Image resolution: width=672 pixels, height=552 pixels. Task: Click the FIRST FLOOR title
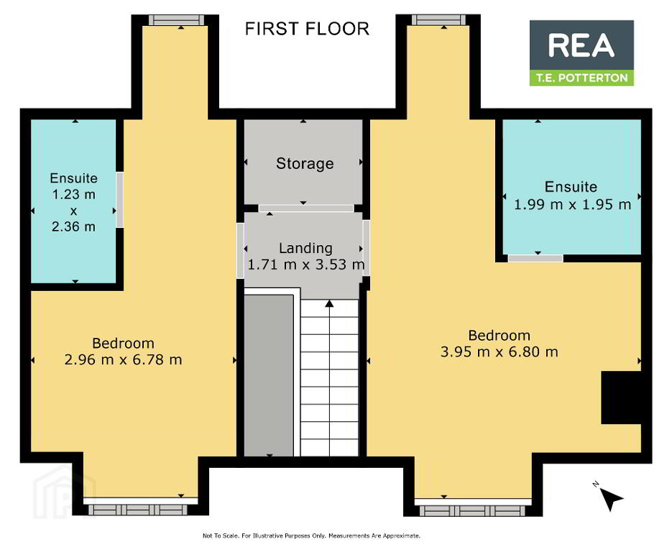click(x=307, y=29)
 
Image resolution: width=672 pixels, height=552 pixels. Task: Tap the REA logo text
click(x=581, y=45)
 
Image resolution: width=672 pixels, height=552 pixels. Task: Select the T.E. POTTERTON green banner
click(x=581, y=78)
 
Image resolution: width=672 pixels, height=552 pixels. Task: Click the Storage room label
click(x=305, y=163)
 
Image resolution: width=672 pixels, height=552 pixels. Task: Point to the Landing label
click(x=305, y=248)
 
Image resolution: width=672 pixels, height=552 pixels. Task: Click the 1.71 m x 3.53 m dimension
click(x=306, y=264)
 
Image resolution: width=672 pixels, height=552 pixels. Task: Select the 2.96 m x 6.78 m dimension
click(x=123, y=359)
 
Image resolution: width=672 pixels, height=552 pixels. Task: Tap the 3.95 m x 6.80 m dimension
click(x=500, y=352)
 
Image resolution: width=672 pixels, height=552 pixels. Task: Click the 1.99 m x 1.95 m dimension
click(x=572, y=204)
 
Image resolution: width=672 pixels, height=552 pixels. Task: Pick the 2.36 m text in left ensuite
click(x=73, y=226)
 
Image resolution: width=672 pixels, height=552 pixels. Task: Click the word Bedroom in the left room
click(x=123, y=344)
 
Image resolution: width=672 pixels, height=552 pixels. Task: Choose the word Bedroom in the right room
click(x=500, y=335)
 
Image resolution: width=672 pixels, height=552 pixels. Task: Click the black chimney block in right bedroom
click(x=621, y=397)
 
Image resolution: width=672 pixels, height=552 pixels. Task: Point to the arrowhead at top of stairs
click(x=329, y=304)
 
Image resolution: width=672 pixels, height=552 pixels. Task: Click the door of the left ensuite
click(x=120, y=200)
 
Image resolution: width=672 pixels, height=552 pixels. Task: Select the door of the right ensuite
click(x=535, y=259)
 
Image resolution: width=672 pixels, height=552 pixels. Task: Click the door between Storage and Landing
click(x=306, y=208)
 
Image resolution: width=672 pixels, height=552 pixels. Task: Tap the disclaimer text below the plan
click(x=311, y=535)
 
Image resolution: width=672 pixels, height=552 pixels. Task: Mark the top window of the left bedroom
click(x=177, y=20)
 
